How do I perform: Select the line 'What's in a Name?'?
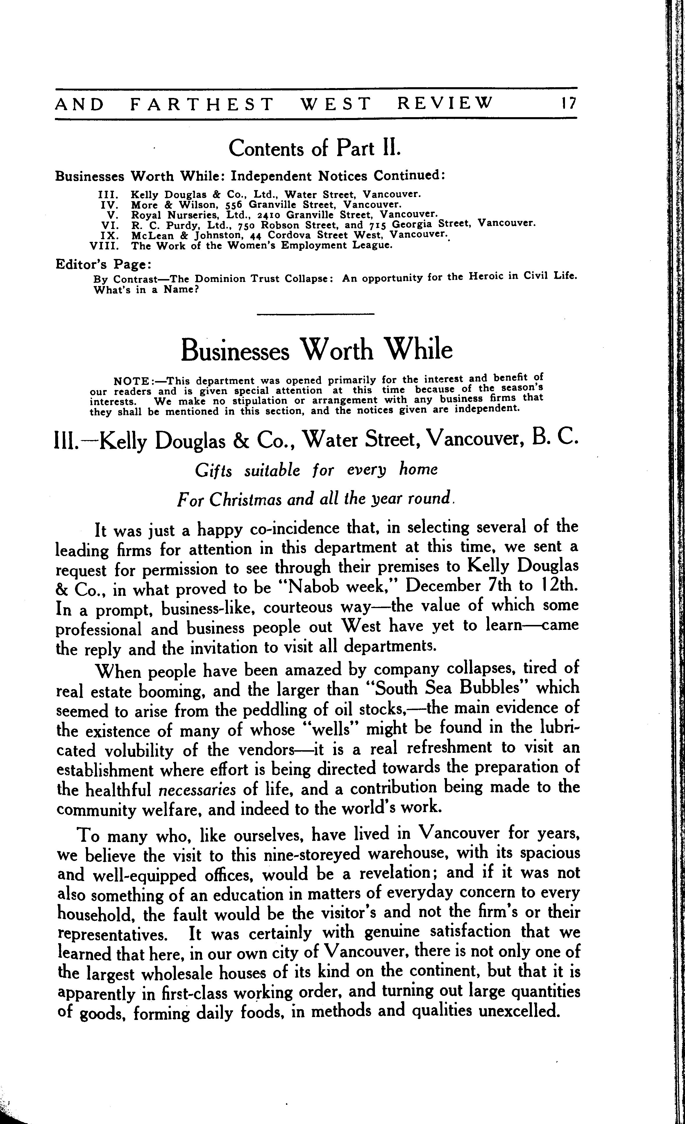coord(146,290)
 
